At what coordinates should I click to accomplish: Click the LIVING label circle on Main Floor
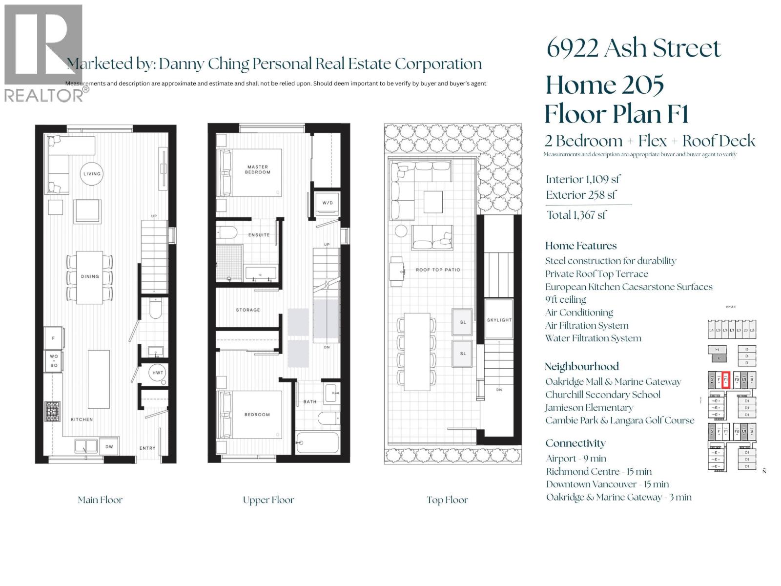[92, 173]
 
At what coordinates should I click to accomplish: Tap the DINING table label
[90, 276]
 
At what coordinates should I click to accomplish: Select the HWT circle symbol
[158, 373]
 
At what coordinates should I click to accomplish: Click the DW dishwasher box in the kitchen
[109, 446]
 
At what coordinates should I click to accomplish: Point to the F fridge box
[53, 338]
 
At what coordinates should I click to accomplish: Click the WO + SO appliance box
[53, 361]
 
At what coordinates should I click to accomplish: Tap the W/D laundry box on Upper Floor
[327, 202]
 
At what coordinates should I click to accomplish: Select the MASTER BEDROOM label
[257, 169]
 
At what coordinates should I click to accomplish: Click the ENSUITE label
[259, 235]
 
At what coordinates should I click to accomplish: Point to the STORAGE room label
[248, 310]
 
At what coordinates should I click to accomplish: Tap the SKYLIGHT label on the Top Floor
[499, 320]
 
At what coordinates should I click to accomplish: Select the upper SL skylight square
[462, 322]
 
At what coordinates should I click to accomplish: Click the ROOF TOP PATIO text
[438, 270]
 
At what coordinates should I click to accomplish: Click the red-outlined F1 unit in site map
[726, 379]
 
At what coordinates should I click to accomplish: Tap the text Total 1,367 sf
[576, 215]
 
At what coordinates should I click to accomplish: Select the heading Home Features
[581, 246]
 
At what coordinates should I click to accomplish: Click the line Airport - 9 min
[576, 459]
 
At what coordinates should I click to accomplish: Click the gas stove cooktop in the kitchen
[52, 411]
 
